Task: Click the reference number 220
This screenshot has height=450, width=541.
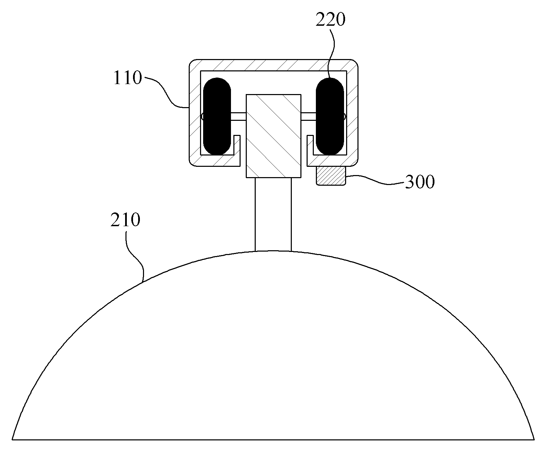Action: click(x=330, y=20)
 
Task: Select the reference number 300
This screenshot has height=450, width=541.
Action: click(x=420, y=182)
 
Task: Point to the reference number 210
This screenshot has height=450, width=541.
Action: click(x=125, y=220)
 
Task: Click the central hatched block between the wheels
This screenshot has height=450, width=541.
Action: click(x=273, y=136)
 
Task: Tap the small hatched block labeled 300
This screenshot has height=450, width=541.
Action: click(x=331, y=176)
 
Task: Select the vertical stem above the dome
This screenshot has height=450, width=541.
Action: click(x=273, y=215)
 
